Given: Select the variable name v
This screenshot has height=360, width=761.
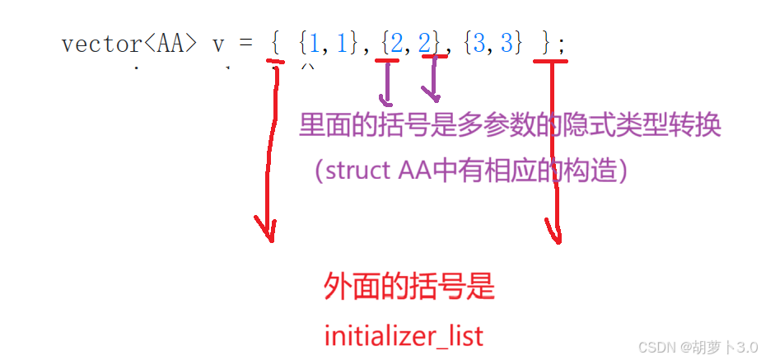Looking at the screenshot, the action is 218,44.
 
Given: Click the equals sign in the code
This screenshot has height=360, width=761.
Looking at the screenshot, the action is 245,44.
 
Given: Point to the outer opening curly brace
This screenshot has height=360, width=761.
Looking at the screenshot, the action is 275,43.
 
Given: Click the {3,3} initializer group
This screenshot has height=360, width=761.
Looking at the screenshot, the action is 493,43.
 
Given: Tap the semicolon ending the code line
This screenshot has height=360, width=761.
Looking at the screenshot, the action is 563,44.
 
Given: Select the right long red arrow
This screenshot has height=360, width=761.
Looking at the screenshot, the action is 555,157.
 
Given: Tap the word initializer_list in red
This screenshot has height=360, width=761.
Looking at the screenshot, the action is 404,336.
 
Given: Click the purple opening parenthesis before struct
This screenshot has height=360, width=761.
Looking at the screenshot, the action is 319,171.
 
